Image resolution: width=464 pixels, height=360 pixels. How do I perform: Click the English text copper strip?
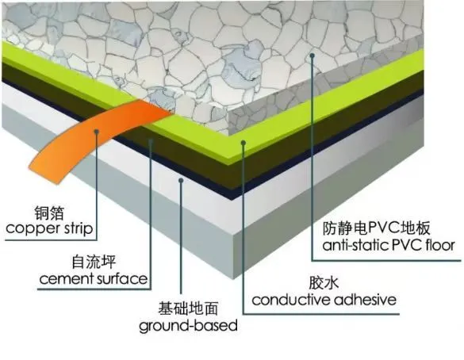coord(50,231)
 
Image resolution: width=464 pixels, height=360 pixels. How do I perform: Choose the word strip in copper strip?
coord(76,231)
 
